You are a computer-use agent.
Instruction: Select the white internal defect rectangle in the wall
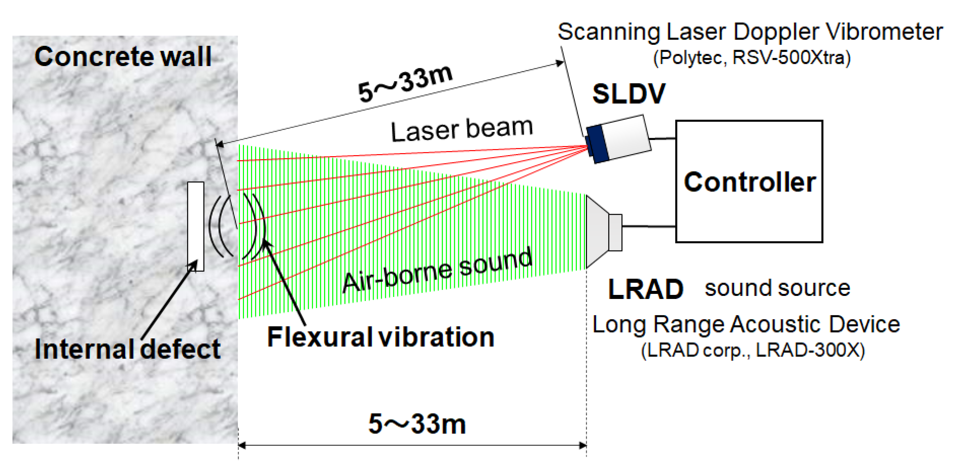tap(195, 226)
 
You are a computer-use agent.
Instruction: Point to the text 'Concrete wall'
tap(123, 57)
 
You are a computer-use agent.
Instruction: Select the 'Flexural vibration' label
tap(380, 337)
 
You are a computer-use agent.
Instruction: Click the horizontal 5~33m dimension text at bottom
tap(417, 424)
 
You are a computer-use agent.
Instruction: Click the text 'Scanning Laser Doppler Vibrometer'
tap(750, 32)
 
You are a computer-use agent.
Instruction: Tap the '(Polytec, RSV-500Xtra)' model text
tap(752, 58)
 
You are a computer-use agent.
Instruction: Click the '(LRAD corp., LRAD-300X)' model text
tap(752, 350)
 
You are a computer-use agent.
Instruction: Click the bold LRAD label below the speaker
tap(645, 289)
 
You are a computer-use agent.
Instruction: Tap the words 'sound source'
tap(777, 288)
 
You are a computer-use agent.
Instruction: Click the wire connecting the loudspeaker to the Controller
tap(648, 226)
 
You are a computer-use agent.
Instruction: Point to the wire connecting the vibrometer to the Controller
tap(663, 139)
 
